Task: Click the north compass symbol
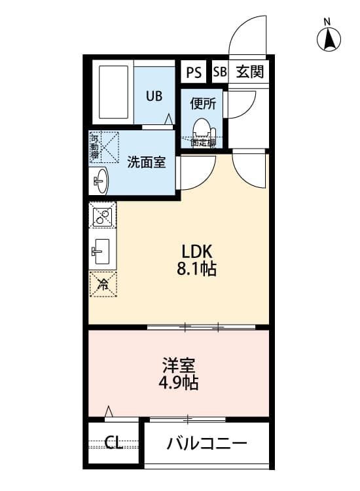tap(330, 39)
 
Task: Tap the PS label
tap(194, 72)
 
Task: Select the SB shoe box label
tap(219, 72)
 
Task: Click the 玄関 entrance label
tap(249, 72)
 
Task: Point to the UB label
tap(154, 96)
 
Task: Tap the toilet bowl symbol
tap(202, 126)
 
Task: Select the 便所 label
tap(202, 103)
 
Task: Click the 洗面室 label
tap(146, 162)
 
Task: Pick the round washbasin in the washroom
tap(100, 180)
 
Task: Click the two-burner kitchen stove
tap(103, 216)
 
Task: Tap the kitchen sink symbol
tap(103, 249)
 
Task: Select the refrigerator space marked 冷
tap(103, 283)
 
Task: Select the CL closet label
tap(114, 443)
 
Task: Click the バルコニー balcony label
tap(207, 444)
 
